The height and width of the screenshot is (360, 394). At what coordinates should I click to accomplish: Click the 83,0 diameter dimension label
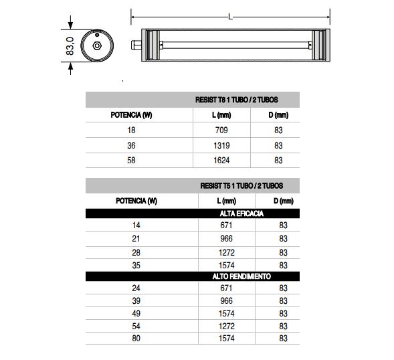point(70,46)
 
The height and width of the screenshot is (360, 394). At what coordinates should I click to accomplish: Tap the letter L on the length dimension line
point(230,17)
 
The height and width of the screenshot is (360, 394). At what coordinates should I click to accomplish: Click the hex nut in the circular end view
point(97,46)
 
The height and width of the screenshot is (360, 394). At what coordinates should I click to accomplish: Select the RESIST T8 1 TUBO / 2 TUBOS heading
point(236,100)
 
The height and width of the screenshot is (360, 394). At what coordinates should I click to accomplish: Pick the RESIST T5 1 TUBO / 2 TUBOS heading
point(241,186)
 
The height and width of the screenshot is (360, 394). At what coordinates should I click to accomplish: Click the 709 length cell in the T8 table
point(221,130)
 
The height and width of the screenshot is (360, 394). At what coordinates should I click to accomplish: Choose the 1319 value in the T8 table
point(221,145)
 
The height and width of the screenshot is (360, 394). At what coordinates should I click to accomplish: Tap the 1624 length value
point(221,160)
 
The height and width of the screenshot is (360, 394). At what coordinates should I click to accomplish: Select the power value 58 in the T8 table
point(131,160)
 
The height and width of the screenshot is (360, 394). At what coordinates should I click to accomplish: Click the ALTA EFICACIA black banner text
point(241,213)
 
